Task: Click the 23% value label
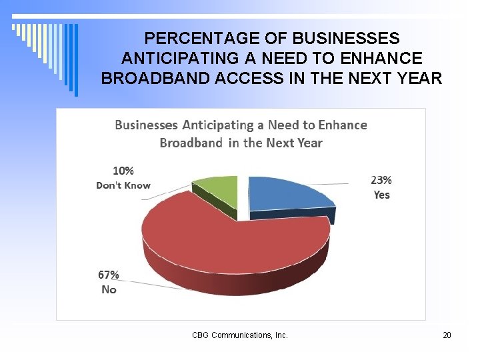pos(381,180)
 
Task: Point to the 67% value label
pos(109,275)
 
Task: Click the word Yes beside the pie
pos(381,195)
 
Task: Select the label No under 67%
pos(109,289)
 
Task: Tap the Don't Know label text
pos(123,185)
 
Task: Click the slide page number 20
pos(447,335)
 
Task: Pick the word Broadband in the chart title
pos(191,143)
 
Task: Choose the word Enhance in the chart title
pos(343,125)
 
